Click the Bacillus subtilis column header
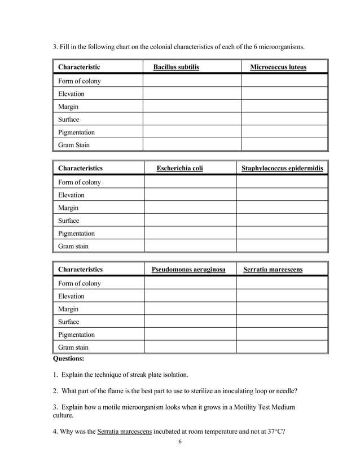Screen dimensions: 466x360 click(x=176, y=68)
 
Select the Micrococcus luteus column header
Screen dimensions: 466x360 click(x=278, y=68)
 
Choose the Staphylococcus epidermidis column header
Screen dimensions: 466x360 click(x=282, y=168)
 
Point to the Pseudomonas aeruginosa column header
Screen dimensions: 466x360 click(x=188, y=270)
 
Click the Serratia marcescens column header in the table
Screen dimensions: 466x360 click(x=273, y=270)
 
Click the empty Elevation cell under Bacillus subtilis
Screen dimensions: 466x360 click(x=192, y=94)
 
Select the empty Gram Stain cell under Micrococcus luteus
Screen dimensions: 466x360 click(x=284, y=145)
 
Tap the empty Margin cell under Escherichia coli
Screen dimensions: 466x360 click(x=190, y=208)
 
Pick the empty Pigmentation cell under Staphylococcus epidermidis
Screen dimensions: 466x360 click(x=282, y=233)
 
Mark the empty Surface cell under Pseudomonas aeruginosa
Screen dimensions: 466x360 click(x=190, y=322)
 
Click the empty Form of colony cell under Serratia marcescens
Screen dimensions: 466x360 click(x=282, y=283)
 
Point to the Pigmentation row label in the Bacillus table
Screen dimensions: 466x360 click(x=76, y=133)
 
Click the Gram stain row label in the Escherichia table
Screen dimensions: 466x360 click(x=73, y=246)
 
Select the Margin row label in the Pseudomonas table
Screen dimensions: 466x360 click(x=68, y=309)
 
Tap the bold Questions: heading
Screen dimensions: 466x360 click(x=68, y=358)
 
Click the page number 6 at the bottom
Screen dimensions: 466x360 click(x=180, y=441)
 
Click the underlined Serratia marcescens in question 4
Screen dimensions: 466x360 click(x=124, y=432)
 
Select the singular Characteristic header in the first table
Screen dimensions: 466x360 click(x=79, y=68)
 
